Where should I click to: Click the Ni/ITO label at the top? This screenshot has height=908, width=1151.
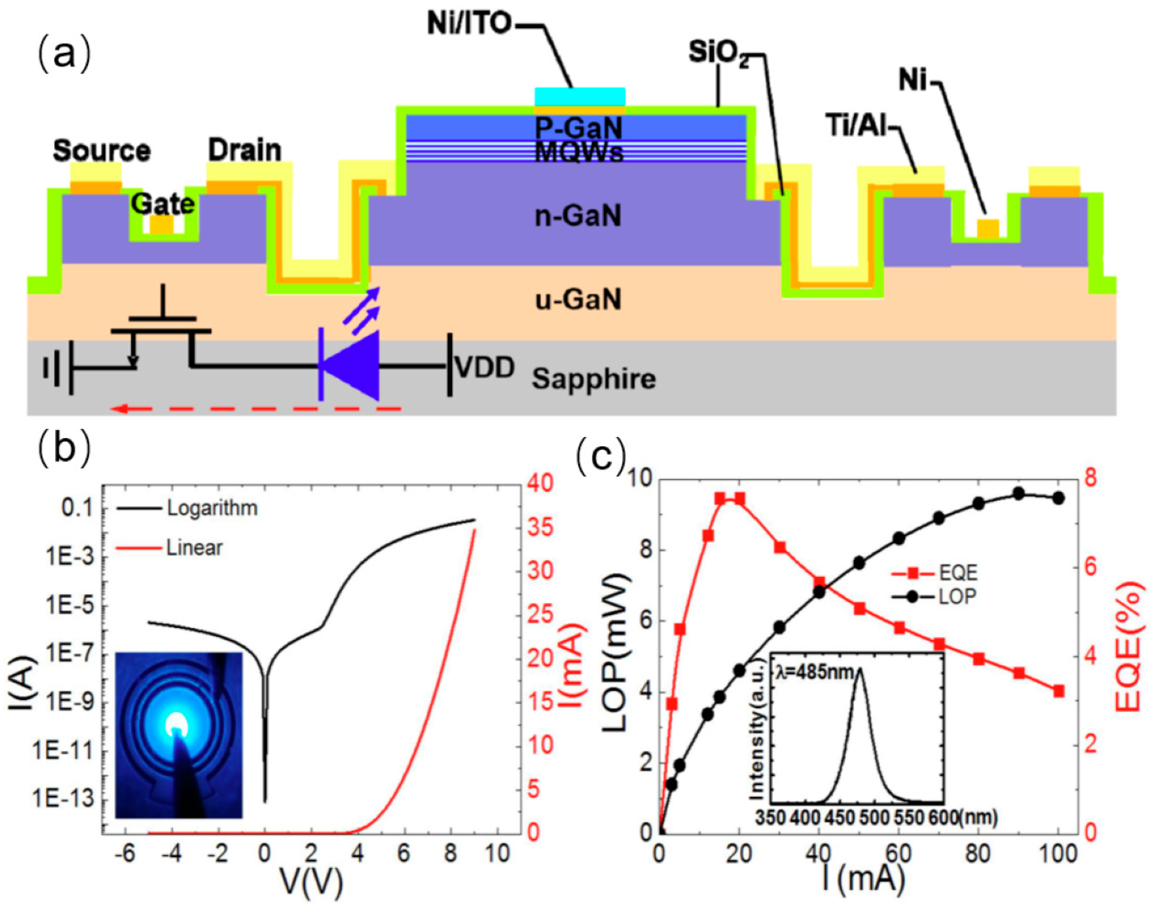pyautogui.click(x=469, y=24)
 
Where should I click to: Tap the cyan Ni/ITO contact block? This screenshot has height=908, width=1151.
pyautogui.click(x=579, y=97)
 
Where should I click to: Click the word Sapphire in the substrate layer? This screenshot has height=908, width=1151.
pyautogui.click(x=594, y=379)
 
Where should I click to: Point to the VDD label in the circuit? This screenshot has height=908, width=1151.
pyautogui.click(x=485, y=368)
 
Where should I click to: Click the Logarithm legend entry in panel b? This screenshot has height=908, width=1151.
pyautogui.click(x=212, y=508)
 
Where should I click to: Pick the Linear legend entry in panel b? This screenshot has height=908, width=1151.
pyautogui.click(x=194, y=547)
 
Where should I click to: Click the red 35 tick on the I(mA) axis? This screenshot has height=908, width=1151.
pyautogui.click(x=540, y=528)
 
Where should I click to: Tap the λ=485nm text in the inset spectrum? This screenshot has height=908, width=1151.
pyautogui.click(x=814, y=672)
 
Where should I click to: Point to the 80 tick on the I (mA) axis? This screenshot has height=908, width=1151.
pyautogui.click(x=978, y=854)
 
